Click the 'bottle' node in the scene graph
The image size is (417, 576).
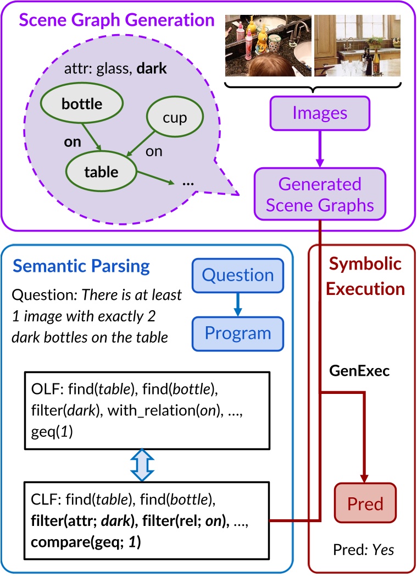[82, 103]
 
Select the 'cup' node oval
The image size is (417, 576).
[175, 118]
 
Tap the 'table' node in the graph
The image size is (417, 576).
[101, 172]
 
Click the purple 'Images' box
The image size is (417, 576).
[320, 113]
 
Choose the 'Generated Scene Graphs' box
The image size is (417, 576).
[320, 194]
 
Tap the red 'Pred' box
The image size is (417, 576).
[365, 503]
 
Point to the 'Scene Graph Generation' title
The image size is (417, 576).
[117, 21]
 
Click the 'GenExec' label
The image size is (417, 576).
[359, 371]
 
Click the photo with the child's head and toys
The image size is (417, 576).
[268, 46]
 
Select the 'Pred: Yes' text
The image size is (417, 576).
[364, 550]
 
